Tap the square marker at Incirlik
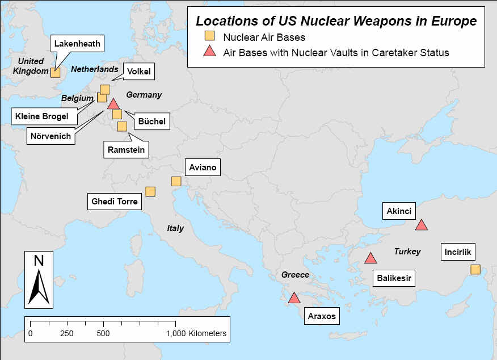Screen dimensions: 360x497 point(475,269)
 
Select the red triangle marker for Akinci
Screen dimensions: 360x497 point(421,225)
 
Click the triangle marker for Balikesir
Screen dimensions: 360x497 point(370,258)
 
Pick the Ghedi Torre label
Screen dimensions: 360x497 point(115,201)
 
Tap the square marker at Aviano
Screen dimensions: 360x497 point(176,181)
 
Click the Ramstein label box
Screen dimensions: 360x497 point(126,150)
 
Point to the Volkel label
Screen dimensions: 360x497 point(139,72)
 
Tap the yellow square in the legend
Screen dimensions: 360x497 point(209,37)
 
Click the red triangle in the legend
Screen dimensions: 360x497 point(209,52)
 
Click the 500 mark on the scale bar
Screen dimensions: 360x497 point(103,333)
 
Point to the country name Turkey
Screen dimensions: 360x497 point(407,251)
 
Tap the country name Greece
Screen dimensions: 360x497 point(295,275)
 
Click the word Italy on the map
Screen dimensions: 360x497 point(175,228)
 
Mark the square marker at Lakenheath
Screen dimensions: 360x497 point(55,72)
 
